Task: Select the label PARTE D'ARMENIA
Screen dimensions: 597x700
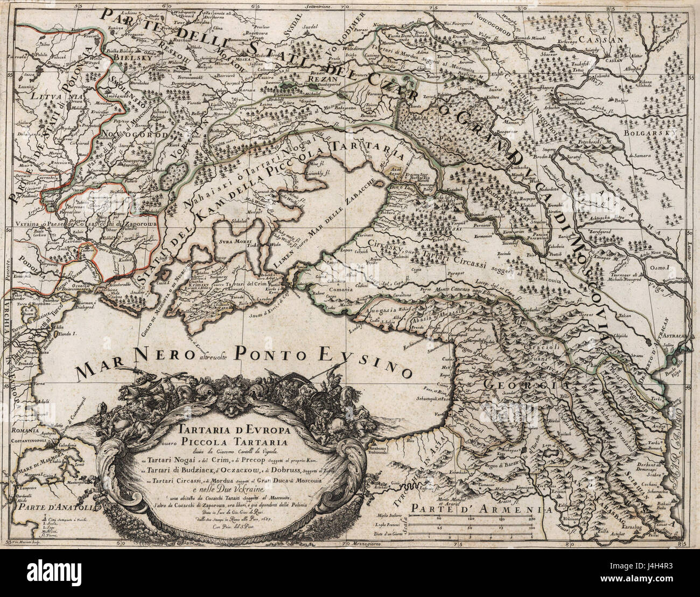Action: click(474, 508)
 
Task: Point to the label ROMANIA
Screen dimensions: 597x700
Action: click(24, 431)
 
